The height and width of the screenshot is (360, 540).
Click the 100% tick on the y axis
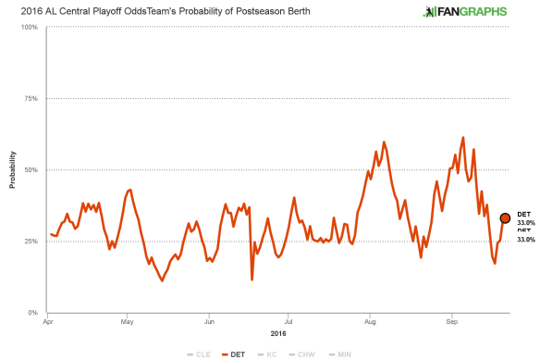29,27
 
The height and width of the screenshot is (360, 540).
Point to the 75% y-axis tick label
31,98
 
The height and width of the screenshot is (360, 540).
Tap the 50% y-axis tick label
31,169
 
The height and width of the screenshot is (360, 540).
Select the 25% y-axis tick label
31,241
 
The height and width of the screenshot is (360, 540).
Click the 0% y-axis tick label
32,313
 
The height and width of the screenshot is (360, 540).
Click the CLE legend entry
201,354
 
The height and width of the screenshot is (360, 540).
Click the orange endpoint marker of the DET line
505,218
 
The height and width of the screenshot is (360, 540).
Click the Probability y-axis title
12,169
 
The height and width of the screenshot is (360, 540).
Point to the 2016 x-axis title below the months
277,332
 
